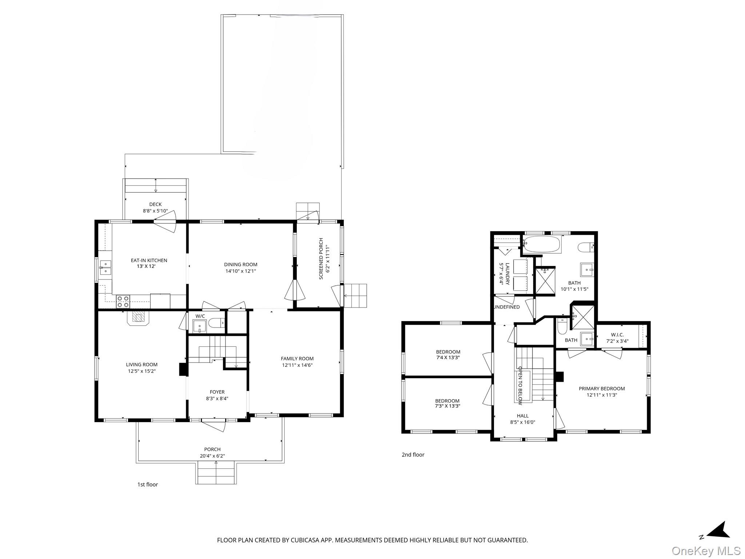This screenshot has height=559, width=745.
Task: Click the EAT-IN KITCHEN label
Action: click(149, 260)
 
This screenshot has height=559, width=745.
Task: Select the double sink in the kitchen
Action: click(105, 267)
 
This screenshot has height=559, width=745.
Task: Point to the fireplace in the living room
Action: click(138, 318)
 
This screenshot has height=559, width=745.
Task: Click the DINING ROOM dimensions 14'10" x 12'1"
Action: click(240, 271)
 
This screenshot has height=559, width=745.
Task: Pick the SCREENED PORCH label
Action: click(321, 259)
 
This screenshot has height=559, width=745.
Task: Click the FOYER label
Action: click(217, 392)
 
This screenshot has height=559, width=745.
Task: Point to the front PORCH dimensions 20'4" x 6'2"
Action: click(212, 456)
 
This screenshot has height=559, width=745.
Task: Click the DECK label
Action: click(155, 204)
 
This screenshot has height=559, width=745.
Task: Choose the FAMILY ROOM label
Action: click(297, 358)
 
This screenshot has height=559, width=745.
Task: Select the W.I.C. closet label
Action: click(617, 334)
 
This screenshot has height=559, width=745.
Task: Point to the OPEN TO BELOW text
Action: click(520, 386)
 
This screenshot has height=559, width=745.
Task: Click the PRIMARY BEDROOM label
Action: click(602, 388)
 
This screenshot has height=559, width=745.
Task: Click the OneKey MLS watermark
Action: click(706, 551)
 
